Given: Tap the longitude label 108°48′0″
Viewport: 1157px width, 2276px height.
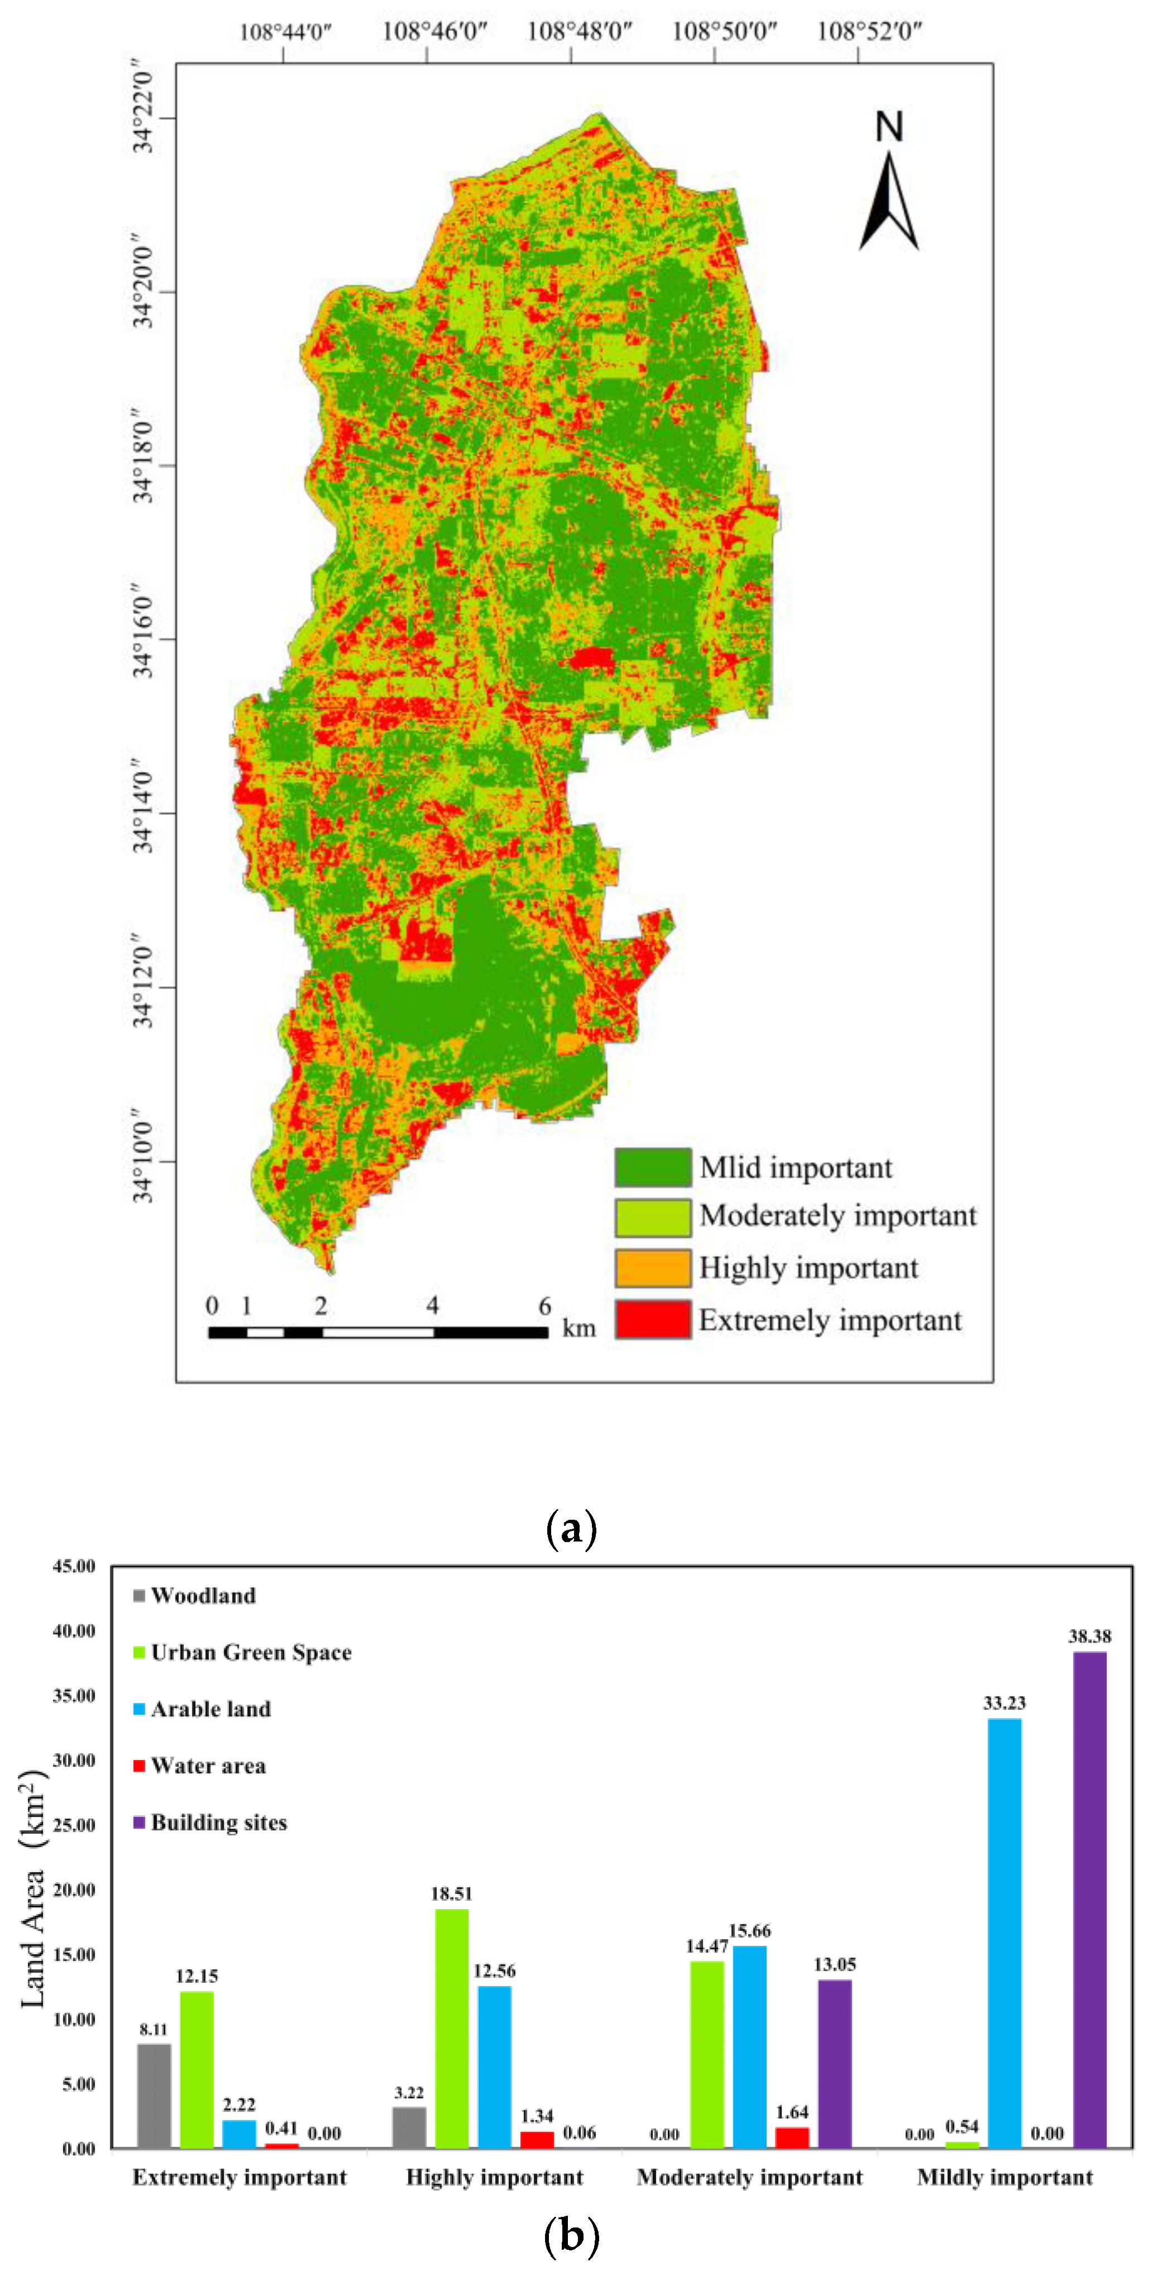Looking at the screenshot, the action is [579, 32].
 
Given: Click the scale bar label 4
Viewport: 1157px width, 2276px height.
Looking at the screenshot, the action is [432, 1305].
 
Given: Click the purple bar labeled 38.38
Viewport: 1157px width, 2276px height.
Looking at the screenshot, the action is [1089, 1900].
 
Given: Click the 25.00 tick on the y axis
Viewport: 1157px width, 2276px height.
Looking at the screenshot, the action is [74, 1824].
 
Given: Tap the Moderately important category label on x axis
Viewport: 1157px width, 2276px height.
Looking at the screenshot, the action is [750, 2177].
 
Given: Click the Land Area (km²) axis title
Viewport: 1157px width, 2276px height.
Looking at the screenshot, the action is [33, 1891].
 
